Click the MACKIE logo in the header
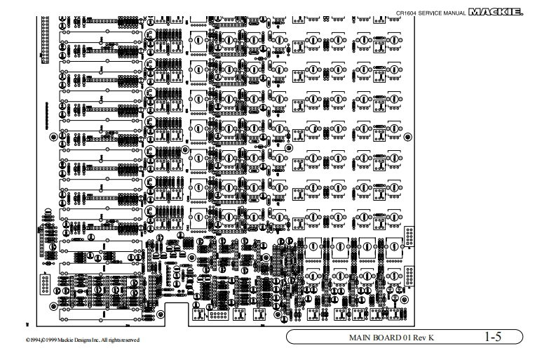click(499, 11)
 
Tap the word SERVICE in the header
click(434, 13)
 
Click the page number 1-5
click(493, 338)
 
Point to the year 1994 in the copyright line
click(34, 340)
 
